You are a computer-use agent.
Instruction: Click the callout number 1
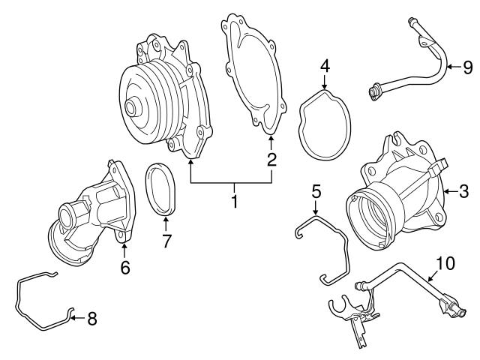point(234,202)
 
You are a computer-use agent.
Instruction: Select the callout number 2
point(271,159)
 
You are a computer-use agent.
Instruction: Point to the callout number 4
point(325,66)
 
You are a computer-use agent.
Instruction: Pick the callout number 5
point(316,192)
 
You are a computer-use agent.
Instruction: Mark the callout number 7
point(166,241)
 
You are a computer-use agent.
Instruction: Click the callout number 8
point(91,319)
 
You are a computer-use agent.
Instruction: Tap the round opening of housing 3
point(373,217)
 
